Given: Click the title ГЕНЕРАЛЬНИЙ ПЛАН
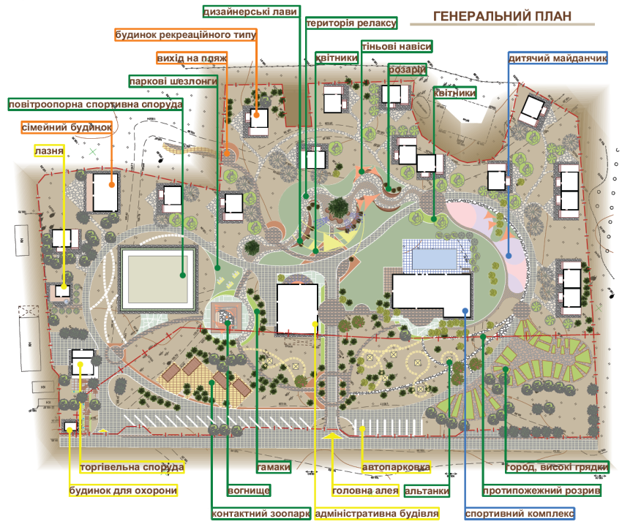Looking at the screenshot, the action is click(502, 16).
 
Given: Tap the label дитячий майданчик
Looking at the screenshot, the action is click(558, 58).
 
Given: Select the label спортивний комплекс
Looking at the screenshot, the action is click(520, 514).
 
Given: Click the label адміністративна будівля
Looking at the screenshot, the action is click(377, 514).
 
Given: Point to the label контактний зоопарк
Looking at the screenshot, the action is click(261, 514).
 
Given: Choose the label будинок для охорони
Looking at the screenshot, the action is click(123, 490).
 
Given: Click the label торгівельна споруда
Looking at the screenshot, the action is click(132, 468).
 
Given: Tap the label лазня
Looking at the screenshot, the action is click(49, 151).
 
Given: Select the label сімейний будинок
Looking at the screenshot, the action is click(67, 128).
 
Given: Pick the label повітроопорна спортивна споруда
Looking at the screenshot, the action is click(96, 105).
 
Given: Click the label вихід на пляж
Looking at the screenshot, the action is click(192, 58).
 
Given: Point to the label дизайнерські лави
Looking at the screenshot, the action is click(250, 12).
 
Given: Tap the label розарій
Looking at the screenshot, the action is click(408, 69).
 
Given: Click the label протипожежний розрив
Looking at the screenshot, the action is click(542, 490).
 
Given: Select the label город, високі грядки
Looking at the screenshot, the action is click(557, 468).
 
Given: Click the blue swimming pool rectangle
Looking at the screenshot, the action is click(435, 258).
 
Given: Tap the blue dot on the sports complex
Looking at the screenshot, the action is click(465, 311).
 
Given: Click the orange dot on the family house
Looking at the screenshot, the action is click(112, 185).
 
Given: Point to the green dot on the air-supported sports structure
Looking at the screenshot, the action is click(183, 275).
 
